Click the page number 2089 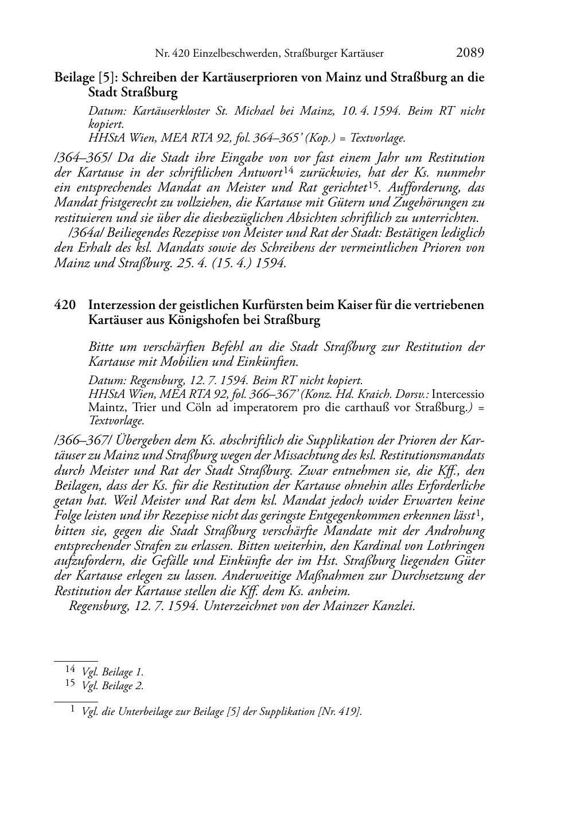pos(470,53)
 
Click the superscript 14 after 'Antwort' pos(288,170)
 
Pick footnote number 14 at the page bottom pos(70,669)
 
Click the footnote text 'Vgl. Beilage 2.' pos(113,686)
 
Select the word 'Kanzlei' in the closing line pos(394,606)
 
